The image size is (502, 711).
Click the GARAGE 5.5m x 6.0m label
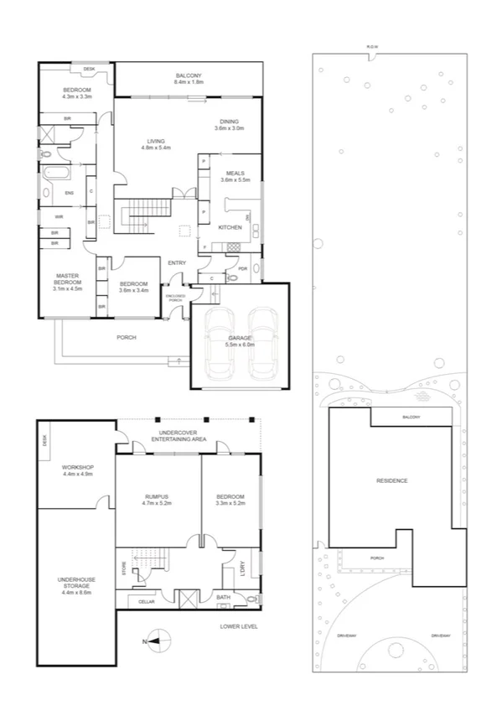[x=240, y=341]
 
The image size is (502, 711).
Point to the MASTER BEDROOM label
[x=67, y=280]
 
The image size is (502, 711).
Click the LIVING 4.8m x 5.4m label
[x=156, y=144]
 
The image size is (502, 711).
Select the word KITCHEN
[x=230, y=227]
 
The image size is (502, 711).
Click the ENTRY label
[x=177, y=263]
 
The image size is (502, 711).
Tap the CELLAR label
[x=147, y=602]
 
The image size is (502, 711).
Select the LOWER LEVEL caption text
[x=239, y=626]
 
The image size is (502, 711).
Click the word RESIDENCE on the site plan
[x=392, y=480]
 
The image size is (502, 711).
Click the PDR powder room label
[x=242, y=269]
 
